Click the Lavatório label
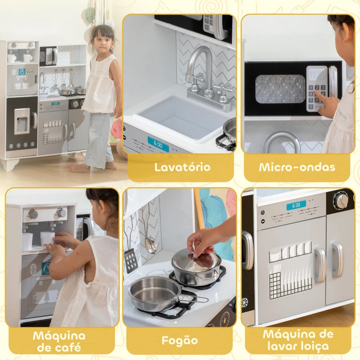click(x=182, y=167)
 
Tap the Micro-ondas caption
click(x=297, y=167)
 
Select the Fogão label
click(x=180, y=341)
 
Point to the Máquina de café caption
click(x=58, y=341)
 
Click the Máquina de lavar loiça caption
click(x=298, y=340)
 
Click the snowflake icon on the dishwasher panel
click(x=245, y=302)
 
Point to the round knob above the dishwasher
click(x=342, y=201)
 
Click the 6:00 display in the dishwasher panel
click(x=296, y=205)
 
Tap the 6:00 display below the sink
click(x=158, y=144)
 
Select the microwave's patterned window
click(x=280, y=89)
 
